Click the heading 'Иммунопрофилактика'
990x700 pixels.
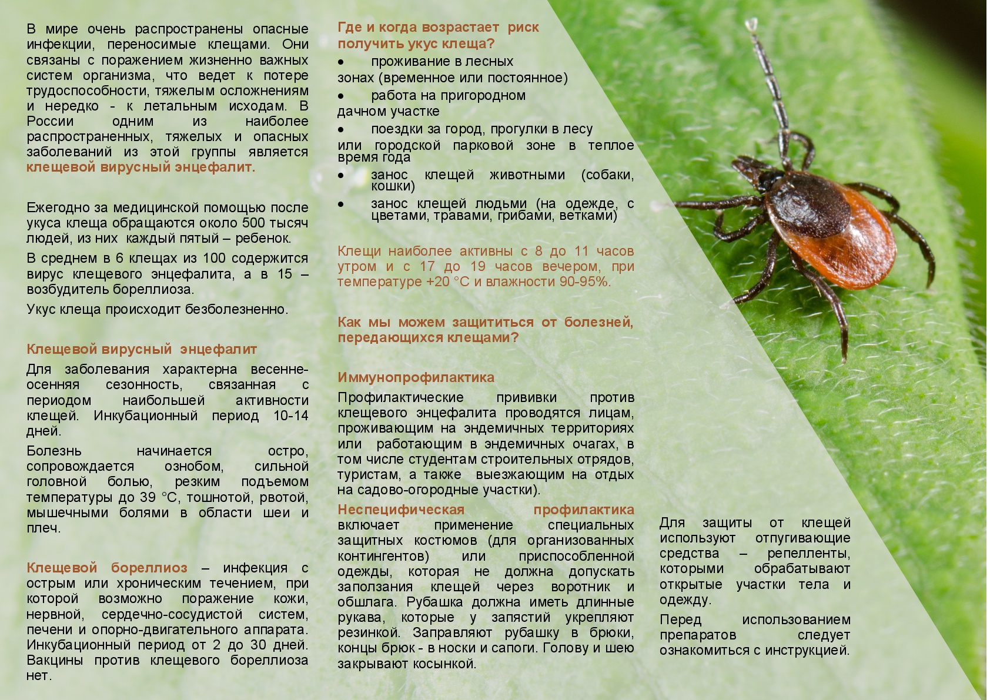(x=416, y=377)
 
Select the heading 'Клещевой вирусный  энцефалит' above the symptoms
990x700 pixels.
(x=142, y=350)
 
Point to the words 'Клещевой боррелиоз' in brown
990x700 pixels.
(x=107, y=568)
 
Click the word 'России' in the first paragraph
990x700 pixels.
(x=50, y=122)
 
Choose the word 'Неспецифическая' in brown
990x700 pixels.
(x=401, y=510)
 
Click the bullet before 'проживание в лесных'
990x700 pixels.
(x=341, y=62)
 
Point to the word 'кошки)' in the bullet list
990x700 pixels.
(x=393, y=186)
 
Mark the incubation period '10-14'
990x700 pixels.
(x=290, y=416)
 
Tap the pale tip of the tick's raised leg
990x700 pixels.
(x=751, y=24)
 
